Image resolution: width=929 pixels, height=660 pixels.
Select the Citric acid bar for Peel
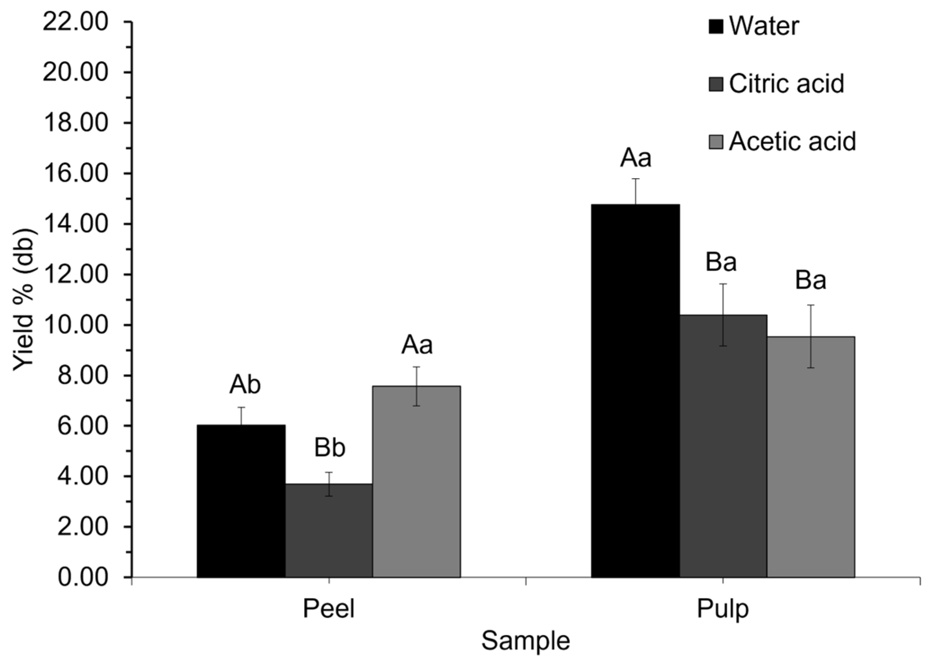point(329,531)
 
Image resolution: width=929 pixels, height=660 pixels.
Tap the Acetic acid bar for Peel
point(416,481)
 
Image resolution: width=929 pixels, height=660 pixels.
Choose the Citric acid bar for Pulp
point(723,446)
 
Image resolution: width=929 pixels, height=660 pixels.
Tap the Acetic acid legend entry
point(783,141)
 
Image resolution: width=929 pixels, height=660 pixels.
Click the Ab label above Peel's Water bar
point(244,385)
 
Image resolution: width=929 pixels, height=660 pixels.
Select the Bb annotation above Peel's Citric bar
point(330,448)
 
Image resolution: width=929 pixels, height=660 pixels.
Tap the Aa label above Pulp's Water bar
point(635,158)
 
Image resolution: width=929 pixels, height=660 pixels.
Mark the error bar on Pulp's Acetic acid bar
point(811,336)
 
